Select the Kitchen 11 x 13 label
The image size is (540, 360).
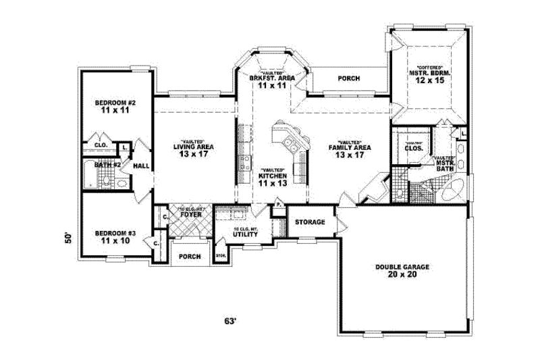point(273,178)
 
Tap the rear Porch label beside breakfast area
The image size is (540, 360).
point(348,78)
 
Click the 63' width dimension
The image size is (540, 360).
point(232,322)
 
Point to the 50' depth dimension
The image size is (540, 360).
point(67,237)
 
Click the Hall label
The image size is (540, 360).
point(142,165)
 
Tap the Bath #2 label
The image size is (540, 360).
point(107,164)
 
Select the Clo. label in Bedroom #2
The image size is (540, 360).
point(101,145)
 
